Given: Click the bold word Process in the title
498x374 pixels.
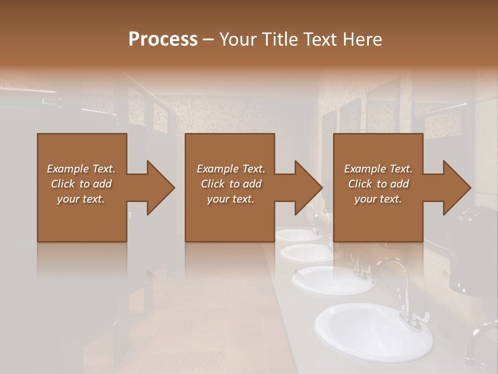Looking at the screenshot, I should coord(163,39).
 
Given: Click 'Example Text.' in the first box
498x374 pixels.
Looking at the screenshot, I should coord(81,169).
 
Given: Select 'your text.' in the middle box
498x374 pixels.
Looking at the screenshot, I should coord(230,199).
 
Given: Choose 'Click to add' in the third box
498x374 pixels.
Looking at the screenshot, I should coord(378,184).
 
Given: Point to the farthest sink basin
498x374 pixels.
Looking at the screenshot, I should coord(298,235).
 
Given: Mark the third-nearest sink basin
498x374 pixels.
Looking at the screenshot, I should coord(311,252).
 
